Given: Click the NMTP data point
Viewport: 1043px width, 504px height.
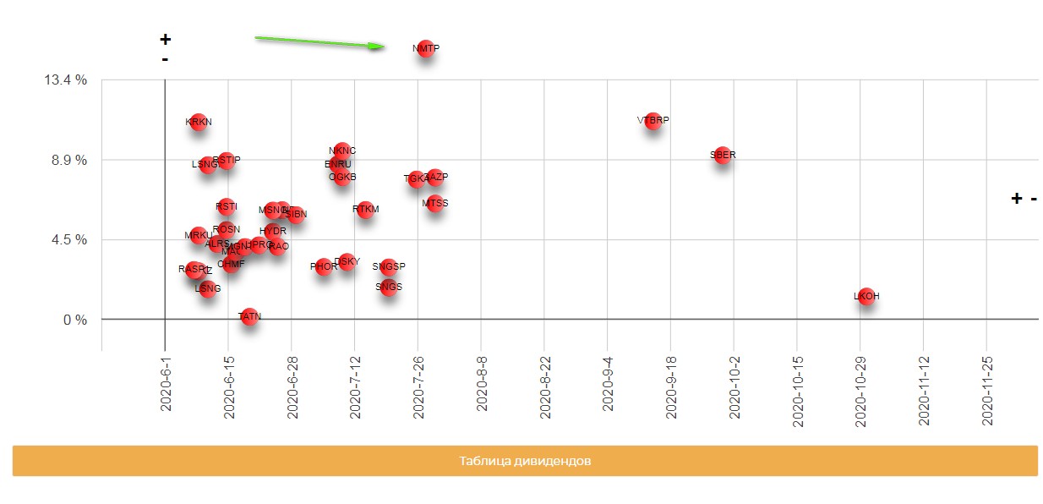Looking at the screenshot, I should (426, 49).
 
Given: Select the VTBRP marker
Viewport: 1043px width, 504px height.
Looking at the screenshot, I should (653, 121).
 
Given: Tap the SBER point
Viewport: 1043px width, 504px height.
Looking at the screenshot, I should (723, 156).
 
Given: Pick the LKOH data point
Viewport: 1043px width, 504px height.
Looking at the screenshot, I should (866, 297).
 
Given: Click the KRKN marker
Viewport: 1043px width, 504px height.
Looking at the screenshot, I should (199, 123).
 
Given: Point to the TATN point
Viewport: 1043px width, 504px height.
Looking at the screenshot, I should (249, 317).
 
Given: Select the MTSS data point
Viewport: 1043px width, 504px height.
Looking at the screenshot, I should (434, 204).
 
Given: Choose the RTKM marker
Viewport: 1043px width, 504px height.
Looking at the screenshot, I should (366, 209).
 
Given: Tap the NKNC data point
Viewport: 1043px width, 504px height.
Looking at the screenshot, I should (342, 151).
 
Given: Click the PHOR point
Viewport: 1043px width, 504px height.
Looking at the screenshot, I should (324, 267).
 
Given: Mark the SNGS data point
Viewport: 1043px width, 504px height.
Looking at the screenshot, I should (389, 288).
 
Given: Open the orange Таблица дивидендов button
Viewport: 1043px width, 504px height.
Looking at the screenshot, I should (525, 461).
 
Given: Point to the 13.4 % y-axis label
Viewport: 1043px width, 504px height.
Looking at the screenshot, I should (65, 80).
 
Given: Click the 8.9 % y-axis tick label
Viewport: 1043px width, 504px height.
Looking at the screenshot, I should (68, 160).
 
